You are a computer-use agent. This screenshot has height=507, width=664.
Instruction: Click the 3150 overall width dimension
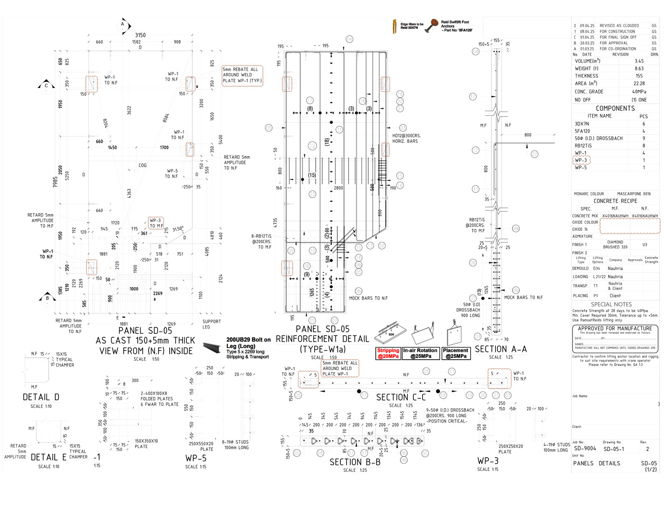(140, 35)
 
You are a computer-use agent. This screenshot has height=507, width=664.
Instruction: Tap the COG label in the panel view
(143, 165)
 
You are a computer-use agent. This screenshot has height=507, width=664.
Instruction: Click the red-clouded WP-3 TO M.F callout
(156, 223)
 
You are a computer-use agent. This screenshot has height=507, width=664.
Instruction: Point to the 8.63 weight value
(639, 68)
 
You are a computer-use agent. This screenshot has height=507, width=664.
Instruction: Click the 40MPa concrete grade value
(639, 92)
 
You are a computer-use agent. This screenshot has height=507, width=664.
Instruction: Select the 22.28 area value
(639, 84)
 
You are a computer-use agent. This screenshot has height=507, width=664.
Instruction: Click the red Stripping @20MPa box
(388, 353)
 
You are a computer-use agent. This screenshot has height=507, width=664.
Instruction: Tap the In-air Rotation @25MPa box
(420, 353)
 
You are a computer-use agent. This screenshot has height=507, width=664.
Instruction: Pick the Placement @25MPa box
(456, 353)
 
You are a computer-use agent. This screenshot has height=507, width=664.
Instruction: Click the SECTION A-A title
(501, 349)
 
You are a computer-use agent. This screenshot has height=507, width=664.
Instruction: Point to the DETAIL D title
(41, 397)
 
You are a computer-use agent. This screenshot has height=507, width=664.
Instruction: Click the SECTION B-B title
(355, 462)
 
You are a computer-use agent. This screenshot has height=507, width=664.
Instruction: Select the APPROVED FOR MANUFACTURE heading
(615, 329)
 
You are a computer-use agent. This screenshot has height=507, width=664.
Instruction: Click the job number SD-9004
(585, 449)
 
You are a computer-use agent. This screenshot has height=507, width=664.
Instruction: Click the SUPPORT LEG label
(212, 324)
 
